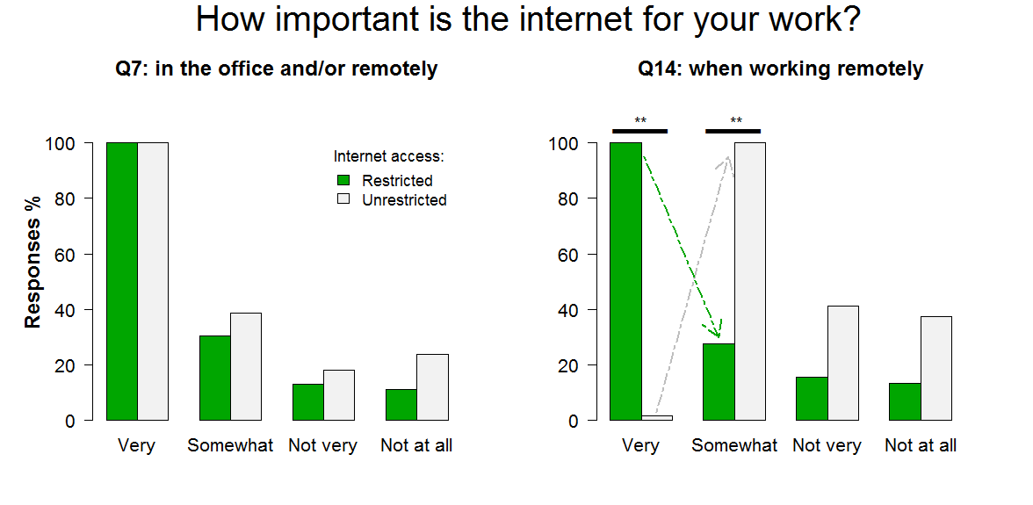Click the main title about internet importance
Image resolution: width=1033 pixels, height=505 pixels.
(529, 20)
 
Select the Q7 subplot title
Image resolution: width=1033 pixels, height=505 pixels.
(277, 69)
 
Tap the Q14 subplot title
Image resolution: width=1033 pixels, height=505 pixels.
(781, 69)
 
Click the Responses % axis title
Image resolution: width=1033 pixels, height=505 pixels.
(33, 262)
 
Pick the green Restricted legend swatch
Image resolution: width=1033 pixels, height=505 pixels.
(343, 180)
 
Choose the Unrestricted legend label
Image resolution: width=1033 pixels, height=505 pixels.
(404, 200)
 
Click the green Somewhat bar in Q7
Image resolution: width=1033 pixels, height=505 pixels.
(214, 378)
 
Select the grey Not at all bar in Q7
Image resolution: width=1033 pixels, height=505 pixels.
(432, 387)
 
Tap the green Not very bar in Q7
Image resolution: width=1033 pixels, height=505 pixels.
(308, 401)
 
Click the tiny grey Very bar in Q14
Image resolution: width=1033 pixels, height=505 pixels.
(657, 418)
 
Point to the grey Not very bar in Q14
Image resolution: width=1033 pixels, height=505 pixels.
(842, 363)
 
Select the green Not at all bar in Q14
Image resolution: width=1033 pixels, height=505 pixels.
(905, 401)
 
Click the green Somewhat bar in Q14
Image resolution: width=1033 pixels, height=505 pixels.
(719, 382)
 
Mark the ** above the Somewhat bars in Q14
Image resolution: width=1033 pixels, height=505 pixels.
(736, 121)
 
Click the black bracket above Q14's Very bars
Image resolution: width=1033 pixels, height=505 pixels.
(639, 131)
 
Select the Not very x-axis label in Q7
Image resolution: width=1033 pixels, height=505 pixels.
(323, 446)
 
